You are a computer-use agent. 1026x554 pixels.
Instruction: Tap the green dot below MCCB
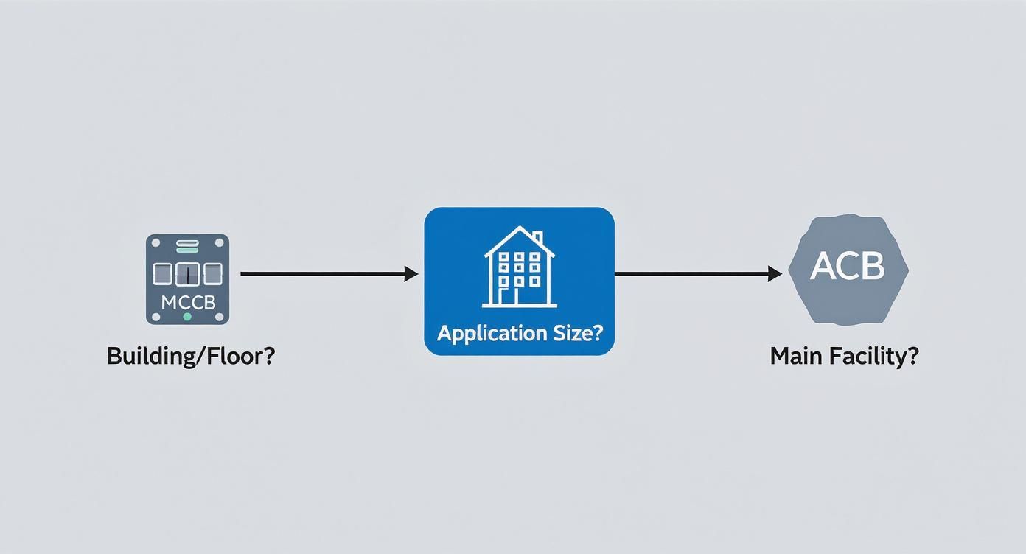187,316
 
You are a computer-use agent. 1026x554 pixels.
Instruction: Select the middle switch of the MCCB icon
187,274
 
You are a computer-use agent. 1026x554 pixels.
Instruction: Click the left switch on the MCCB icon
162,274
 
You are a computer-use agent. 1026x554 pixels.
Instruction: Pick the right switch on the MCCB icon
212,274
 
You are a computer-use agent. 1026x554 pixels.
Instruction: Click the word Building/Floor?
191,357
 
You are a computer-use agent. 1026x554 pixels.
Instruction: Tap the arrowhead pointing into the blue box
411,274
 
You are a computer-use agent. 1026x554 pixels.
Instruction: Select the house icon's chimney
537,239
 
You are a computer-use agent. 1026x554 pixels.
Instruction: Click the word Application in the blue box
486,333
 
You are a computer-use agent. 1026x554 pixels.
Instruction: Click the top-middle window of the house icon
519,257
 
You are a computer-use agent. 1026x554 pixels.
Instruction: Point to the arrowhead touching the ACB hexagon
775,274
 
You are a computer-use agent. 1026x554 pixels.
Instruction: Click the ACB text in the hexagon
848,266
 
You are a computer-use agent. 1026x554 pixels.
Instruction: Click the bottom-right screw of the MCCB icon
219,316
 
